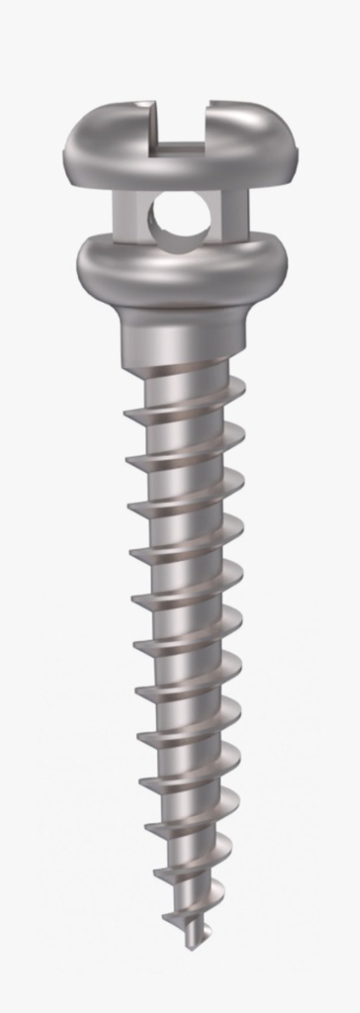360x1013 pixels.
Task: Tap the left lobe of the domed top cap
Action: coord(109,143)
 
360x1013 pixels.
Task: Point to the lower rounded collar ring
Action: coord(181,265)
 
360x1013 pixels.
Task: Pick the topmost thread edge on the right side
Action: coord(237,388)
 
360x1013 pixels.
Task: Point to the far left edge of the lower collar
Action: coord(79,263)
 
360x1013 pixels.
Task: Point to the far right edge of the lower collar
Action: coord(286,259)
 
